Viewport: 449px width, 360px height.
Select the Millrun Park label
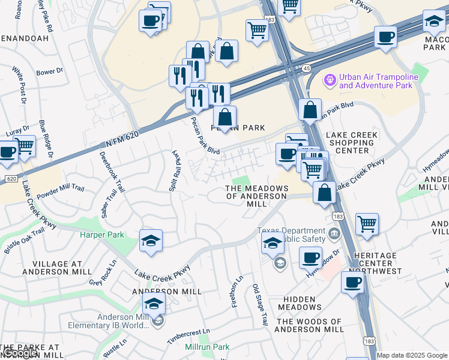click(208, 347)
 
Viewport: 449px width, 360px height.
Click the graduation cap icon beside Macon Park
click(433, 22)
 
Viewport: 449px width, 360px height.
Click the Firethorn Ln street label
click(238, 292)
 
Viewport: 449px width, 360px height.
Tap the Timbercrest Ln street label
click(189, 335)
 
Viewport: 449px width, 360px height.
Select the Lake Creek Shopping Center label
click(351, 143)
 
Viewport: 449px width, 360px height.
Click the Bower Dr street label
click(49, 71)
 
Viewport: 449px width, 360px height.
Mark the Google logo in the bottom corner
click(19, 353)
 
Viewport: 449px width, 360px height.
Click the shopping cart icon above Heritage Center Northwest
click(367, 224)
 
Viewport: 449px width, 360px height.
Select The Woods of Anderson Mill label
click(309, 325)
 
